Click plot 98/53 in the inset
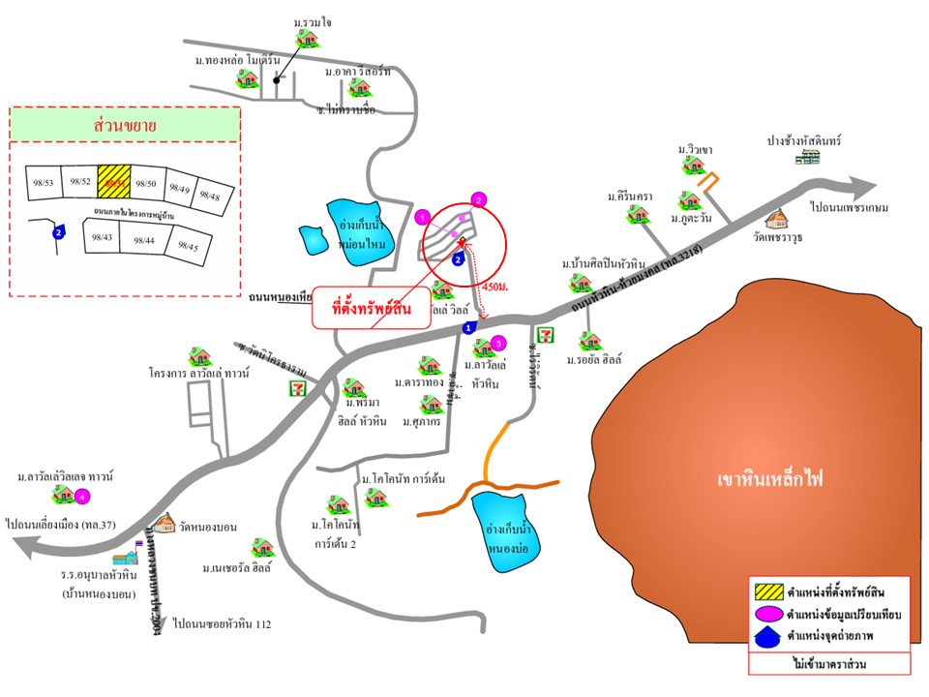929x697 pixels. tap(42, 182)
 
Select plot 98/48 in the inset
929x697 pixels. tap(210, 196)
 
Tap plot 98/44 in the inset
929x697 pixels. tap(143, 240)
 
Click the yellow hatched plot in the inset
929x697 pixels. tap(114, 180)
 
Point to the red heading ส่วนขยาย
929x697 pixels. tap(126, 126)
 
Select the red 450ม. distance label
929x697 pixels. tap(494, 287)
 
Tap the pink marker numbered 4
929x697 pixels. tap(83, 497)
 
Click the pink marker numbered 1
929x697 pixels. tap(422, 215)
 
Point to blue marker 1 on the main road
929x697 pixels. tap(470, 328)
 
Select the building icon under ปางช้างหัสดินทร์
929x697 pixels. tap(808, 159)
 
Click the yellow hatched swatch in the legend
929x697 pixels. tap(766, 589)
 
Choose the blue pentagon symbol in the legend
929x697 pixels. tap(765, 637)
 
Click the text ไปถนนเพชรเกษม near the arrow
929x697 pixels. tap(850, 207)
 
